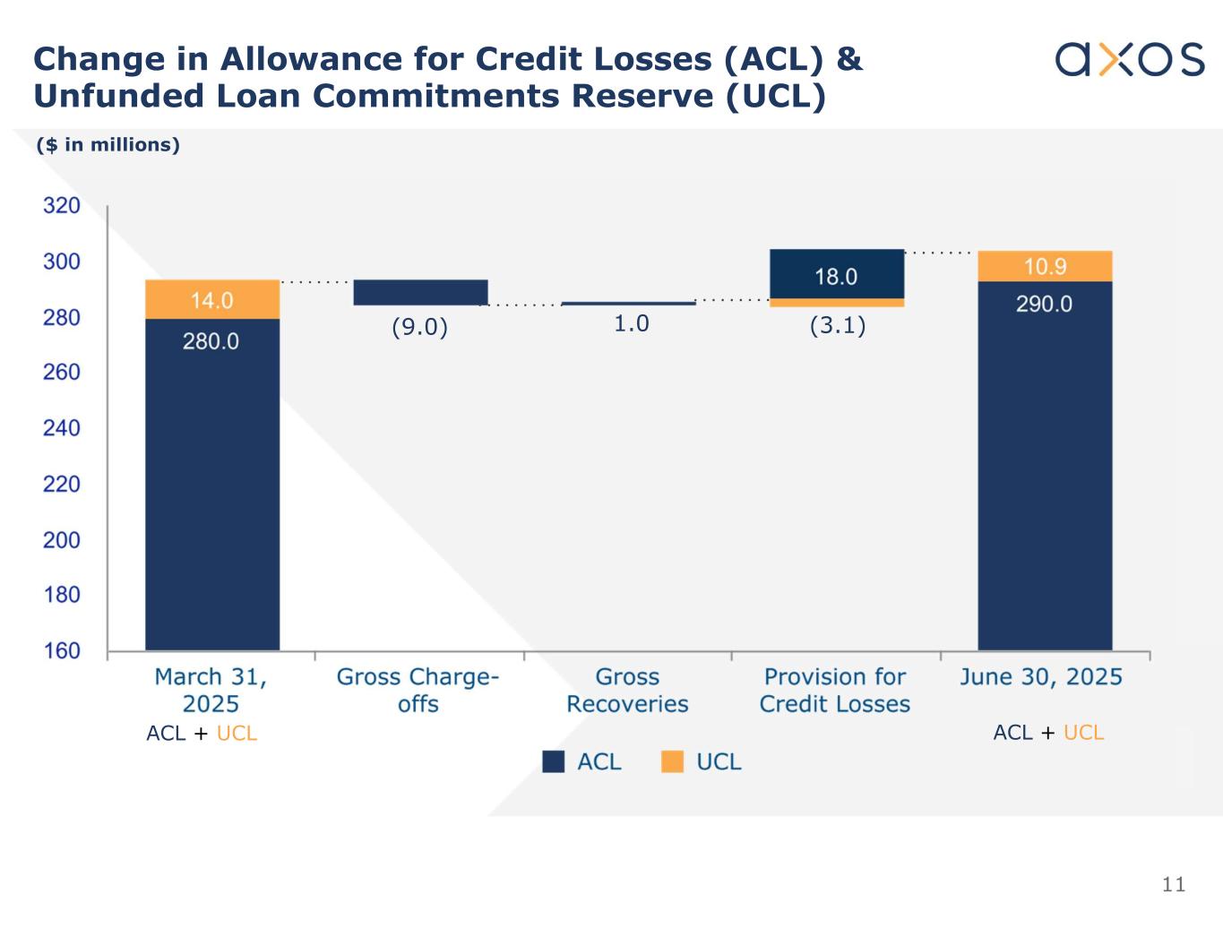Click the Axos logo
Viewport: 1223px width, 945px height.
tap(1129, 59)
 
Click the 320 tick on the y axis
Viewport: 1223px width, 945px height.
tap(62, 206)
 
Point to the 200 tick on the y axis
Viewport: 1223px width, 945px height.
tap(62, 540)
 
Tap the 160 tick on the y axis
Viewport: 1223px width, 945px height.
tap(62, 651)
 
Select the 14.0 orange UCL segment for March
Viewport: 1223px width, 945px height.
tap(212, 299)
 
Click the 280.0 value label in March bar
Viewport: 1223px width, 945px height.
tap(211, 341)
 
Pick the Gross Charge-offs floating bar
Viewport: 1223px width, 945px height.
tap(420, 292)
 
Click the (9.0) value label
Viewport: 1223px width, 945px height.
tap(419, 328)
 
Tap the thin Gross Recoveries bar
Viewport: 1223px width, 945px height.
tap(628, 304)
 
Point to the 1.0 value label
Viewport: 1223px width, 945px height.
tap(631, 324)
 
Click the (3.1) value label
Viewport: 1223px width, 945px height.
tap(838, 326)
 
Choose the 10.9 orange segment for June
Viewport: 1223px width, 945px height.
tap(1045, 266)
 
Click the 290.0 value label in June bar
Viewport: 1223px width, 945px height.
tap(1044, 305)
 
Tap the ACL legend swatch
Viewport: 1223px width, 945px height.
tap(554, 761)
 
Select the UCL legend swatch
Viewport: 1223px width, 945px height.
tap(672, 761)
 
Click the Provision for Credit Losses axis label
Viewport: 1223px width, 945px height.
tap(835, 691)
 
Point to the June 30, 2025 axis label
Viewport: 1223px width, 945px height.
tap(1041, 677)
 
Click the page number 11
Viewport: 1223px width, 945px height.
tap(1173, 885)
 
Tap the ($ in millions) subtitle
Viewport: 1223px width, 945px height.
tap(108, 145)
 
